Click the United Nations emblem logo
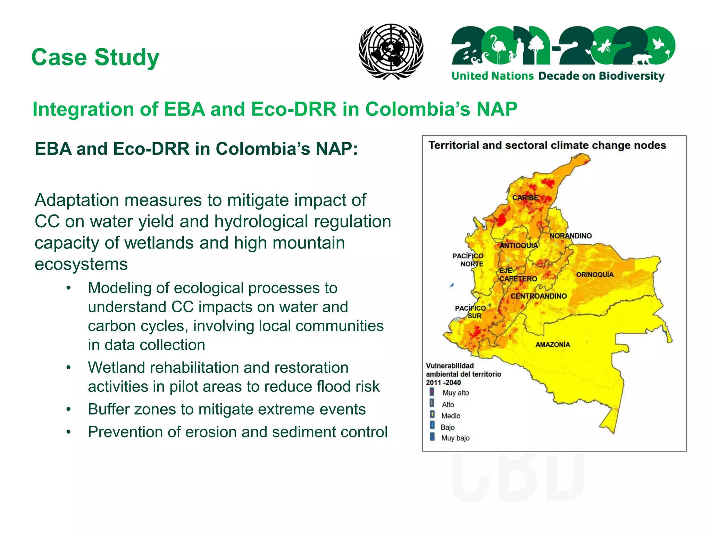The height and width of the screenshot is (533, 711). click(x=391, y=51)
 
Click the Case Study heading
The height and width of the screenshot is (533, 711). click(x=95, y=57)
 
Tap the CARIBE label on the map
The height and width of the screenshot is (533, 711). click(x=525, y=198)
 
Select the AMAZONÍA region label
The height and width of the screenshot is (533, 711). click(x=553, y=345)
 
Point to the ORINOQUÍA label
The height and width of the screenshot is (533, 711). click(x=595, y=274)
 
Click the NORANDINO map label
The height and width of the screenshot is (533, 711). click(x=570, y=236)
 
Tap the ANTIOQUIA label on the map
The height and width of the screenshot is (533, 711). click(x=518, y=246)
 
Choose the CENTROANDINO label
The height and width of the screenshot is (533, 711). click(x=538, y=296)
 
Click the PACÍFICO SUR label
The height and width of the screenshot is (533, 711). click(x=471, y=312)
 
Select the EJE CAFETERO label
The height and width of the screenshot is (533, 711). click(x=517, y=275)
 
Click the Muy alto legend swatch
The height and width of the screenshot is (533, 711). click(x=432, y=392)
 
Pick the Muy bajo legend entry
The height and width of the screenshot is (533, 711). click(x=455, y=438)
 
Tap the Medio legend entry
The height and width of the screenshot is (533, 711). click(x=451, y=416)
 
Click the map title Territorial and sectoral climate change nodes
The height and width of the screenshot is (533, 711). click(x=547, y=145)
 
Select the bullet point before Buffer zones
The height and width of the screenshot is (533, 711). click(x=69, y=409)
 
